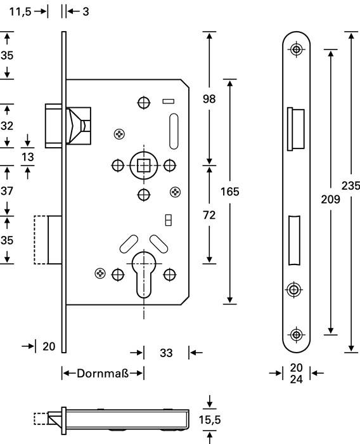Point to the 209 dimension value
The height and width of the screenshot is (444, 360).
tap(330, 199)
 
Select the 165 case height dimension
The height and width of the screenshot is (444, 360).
tap(229, 191)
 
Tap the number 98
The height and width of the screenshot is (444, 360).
tap(209, 98)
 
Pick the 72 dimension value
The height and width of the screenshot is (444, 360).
tap(209, 216)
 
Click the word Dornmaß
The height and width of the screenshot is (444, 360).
tap(103, 374)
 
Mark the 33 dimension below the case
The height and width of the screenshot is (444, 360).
tap(166, 353)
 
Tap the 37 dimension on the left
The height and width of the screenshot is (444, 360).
tap(6, 190)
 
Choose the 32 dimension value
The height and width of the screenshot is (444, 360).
tap(6, 126)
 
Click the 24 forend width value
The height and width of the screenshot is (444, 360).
tap(296, 380)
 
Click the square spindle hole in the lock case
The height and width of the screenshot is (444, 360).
tap(143, 166)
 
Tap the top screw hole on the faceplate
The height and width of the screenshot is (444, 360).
tap(296, 49)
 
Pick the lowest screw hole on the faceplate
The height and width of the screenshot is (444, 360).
tap(296, 334)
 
